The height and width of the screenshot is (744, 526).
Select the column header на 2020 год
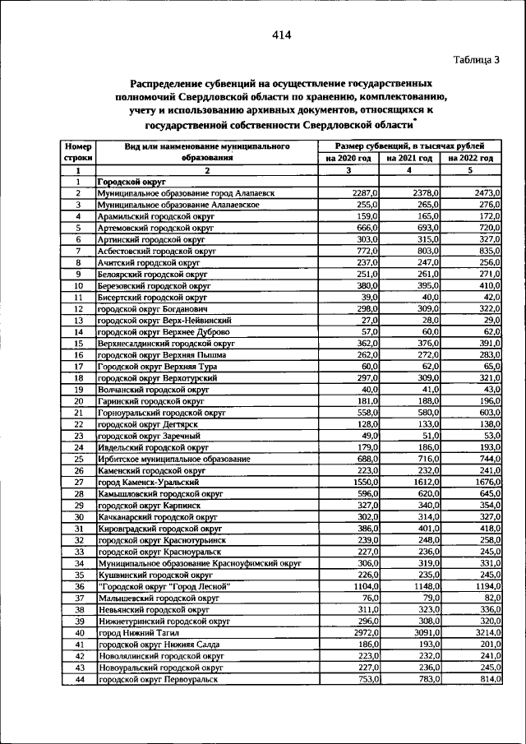(x=348, y=158)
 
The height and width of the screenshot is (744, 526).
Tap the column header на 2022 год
(x=470, y=158)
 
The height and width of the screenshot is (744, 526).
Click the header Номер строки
(x=77, y=151)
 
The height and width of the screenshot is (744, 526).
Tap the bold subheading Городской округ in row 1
(x=131, y=181)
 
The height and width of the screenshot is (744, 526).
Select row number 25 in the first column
(x=77, y=459)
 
